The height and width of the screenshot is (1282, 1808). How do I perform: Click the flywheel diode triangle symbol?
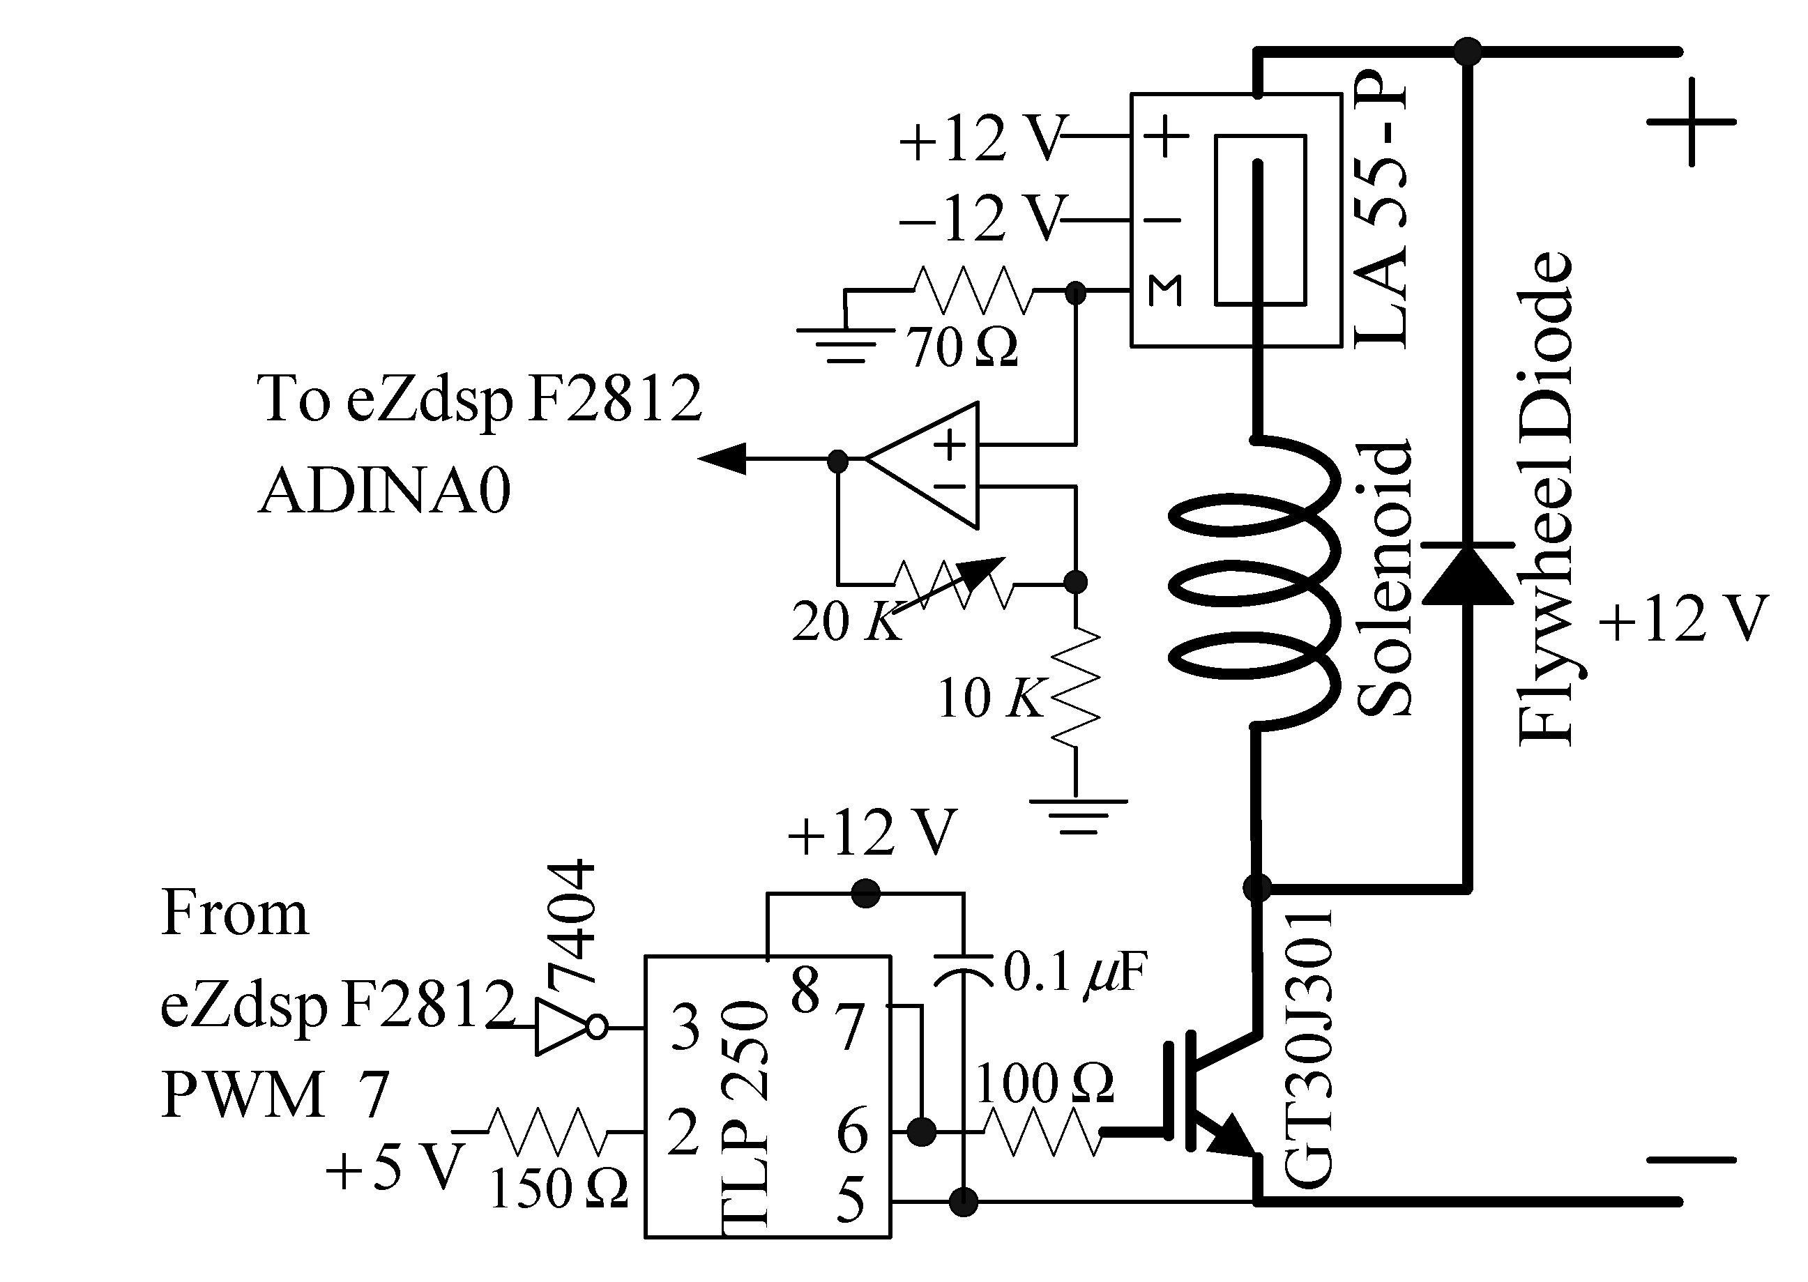point(1467,574)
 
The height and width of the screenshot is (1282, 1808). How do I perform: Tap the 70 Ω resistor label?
point(962,347)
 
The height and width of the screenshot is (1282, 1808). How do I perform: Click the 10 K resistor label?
point(990,699)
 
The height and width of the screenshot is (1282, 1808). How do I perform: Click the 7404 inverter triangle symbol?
point(562,1027)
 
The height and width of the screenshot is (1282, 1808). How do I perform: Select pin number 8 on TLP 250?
point(805,991)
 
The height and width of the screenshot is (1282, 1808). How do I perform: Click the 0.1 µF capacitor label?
point(1074,972)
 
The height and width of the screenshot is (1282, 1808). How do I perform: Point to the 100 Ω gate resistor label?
point(1044,1083)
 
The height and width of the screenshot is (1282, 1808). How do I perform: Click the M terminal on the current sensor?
point(1164,291)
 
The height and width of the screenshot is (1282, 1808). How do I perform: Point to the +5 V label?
point(393,1169)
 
